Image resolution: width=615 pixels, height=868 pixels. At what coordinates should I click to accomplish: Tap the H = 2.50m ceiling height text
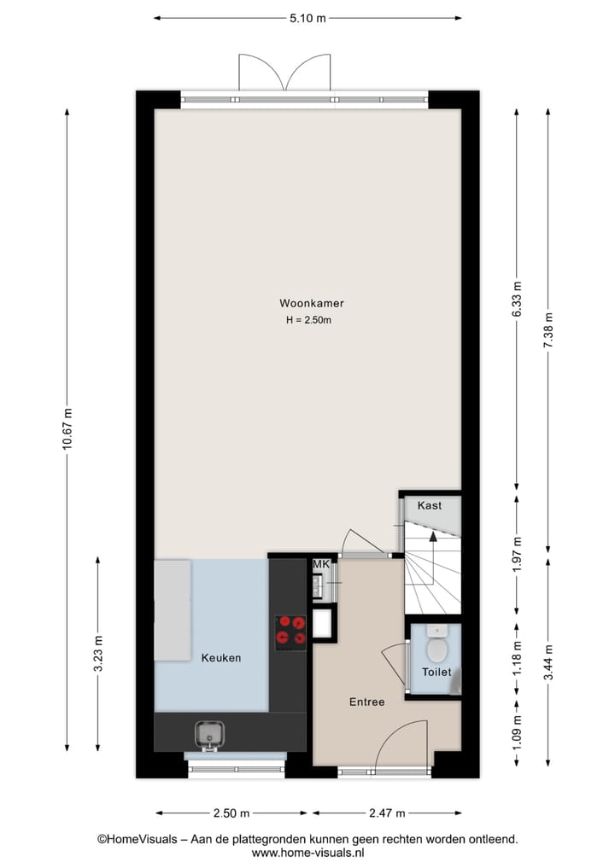point(308,321)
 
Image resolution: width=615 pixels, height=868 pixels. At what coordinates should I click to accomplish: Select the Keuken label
point(221,658)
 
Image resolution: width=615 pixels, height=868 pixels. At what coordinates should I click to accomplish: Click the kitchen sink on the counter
point(208,733)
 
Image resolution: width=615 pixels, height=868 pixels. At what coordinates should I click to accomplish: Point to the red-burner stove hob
point(290,631)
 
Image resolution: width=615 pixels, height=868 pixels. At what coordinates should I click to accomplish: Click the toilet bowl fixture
point(436,650)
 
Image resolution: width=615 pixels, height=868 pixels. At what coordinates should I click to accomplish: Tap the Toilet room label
point(436,673)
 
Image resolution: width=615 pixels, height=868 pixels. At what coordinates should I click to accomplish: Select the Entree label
point(366,702)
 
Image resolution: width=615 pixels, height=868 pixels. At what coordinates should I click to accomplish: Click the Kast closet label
point(430,505)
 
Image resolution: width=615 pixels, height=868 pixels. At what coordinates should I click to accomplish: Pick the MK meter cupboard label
point(321,565)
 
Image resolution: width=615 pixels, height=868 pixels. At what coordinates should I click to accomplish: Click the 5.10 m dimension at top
point(308,17)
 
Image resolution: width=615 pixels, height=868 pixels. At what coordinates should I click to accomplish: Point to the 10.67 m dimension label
point(67,432)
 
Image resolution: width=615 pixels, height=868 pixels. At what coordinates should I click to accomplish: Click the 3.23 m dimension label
point(98,655)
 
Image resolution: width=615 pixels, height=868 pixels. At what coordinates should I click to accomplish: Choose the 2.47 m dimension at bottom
point(387,813)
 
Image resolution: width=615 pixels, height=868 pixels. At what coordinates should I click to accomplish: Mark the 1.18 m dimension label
point(517,662)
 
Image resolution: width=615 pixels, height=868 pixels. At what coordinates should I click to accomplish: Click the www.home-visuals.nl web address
point(308,853)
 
